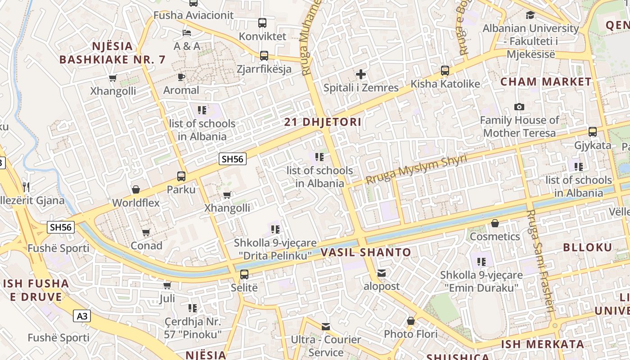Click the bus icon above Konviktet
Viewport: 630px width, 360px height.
tap(262, 22)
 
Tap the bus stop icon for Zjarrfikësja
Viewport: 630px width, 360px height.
tap(264, 56)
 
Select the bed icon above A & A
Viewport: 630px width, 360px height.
tap(187, 32)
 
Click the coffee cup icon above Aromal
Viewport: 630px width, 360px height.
tap(181, 77)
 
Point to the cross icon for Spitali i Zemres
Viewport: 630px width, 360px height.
tap(360, 74)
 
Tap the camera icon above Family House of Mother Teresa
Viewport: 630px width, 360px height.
tap(519, 107)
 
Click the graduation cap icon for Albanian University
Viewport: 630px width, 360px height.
tap(530, 15)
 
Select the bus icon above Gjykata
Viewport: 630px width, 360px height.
tap(593, 132)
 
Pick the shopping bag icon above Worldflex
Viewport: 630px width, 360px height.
tap(136, 189)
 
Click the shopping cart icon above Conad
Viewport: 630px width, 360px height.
tap(146, 232)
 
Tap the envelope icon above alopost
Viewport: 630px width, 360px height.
tap(382, 273)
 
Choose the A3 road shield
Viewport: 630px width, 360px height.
tap(82, 316)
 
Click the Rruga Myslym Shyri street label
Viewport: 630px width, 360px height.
tap(416, 169)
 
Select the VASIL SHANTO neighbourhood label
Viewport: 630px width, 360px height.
tap(366, 252)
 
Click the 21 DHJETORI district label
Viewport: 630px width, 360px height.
tap(323, 122)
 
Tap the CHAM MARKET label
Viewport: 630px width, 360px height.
tap(546, 82)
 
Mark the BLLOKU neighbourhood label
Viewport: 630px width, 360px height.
tap(588, 247)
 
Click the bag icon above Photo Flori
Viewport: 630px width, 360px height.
tap(410, 321)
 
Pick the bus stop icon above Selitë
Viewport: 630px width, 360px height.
tap(244, 274)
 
